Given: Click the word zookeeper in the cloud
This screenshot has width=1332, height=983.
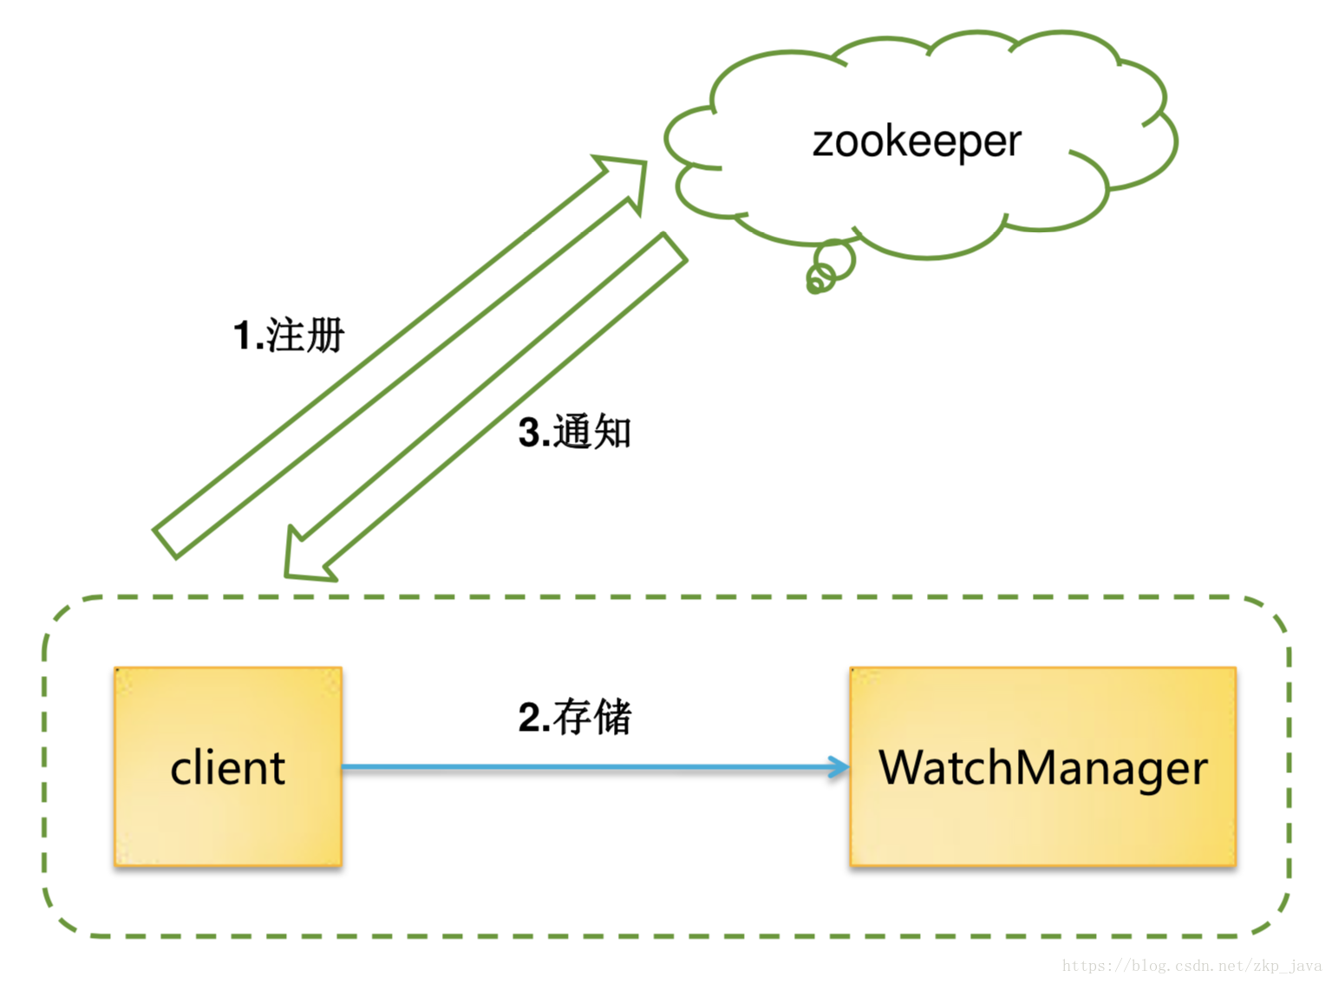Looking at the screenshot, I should pos(917,141).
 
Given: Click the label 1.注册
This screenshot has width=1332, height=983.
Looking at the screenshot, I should pos(289,335).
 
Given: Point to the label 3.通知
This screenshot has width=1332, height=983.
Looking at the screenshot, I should pos(575,432).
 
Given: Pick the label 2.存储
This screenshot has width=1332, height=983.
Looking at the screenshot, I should pos(575,717).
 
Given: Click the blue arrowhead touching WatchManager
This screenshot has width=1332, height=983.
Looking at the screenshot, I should pos(839,767).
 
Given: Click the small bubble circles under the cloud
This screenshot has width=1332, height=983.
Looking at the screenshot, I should pos(828,267).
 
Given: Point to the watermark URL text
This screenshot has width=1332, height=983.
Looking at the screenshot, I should pos(1192,966).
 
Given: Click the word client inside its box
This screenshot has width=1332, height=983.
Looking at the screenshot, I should pos(228,768).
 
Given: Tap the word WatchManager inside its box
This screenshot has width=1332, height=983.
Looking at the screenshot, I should pos(1043,768).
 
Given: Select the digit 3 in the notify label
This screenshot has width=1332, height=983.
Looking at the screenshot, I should pos(529,433).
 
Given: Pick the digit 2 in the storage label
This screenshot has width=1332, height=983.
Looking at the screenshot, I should pos(529,718).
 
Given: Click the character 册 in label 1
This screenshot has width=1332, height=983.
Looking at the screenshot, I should pos(326,335).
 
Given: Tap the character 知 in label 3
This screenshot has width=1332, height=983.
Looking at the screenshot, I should pos(612,432).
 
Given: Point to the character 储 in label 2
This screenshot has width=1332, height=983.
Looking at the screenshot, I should pos(612,717).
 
